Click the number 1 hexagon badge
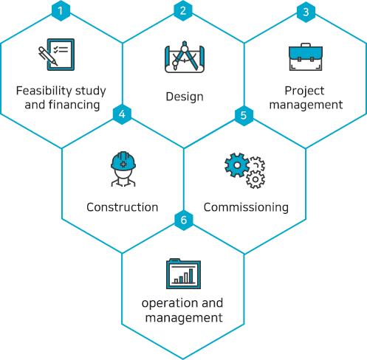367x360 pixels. pos(61,11)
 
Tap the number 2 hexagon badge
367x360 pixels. pos(183,11)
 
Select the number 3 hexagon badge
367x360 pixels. pos(306,12)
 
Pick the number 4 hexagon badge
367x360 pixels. pos(122,114)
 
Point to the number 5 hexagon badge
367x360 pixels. pos(244,115)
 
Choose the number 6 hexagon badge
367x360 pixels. pos(184,220)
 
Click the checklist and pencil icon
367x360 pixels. pos(56,55)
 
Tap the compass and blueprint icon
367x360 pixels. pos(185,57)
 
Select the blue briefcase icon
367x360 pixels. pos(306,57)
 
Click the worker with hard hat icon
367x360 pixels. pos(123,169)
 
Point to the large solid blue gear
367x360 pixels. pos(237,165)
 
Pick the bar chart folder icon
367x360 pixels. pos(184,274)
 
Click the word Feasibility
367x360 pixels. pos(44,91)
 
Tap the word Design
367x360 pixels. pos(185,97)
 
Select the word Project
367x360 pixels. pos(304,91)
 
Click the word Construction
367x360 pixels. pos(123,207)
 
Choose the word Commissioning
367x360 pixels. pos(246,207)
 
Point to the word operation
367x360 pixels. pos(171,303)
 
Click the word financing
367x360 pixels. pos(75,105)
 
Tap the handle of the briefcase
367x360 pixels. pos(306,45)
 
